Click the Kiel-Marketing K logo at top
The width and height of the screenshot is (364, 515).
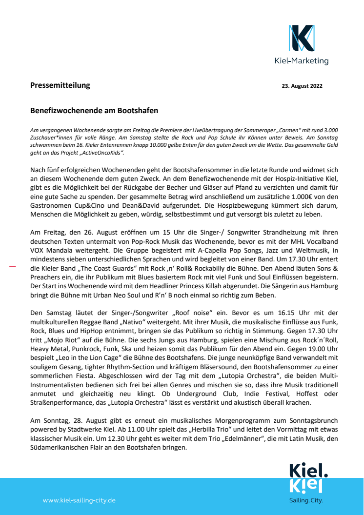[x=301, y=39]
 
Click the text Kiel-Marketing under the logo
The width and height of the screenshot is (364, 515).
[x=302, y=61]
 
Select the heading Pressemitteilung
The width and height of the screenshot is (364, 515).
[x=60, y=85]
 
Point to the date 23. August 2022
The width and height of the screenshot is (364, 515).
[x=302, y=86]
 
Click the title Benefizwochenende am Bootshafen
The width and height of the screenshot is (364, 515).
[x=94, y=111]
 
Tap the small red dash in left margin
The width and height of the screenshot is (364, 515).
[x=13, y=266]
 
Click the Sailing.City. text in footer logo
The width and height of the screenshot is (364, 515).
[x=306, y=500]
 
